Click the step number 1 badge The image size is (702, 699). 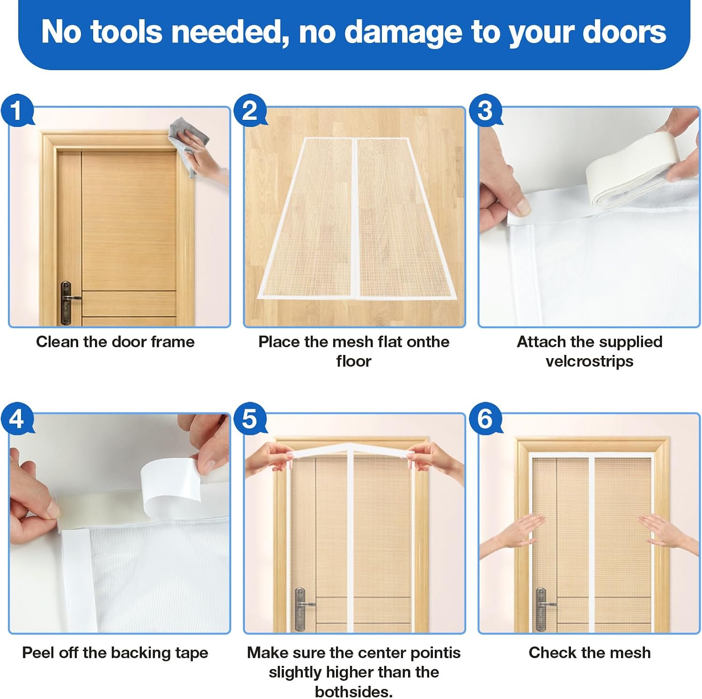17,110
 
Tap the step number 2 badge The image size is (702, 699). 250,110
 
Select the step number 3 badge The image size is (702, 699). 485,110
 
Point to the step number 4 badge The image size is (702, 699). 17,418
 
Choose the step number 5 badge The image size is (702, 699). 250,418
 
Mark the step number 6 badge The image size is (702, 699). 485,418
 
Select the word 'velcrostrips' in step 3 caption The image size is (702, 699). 590,361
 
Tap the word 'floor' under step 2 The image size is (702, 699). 354,361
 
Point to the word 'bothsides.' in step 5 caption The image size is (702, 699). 354,692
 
